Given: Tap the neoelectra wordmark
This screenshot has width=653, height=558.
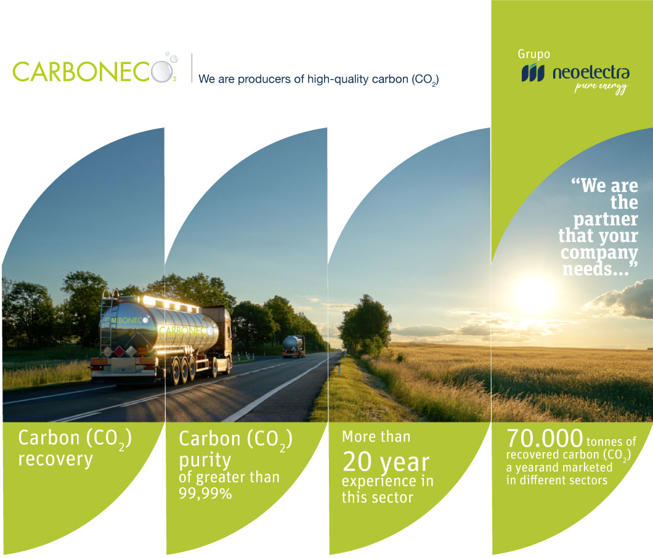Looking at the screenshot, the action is pyautogui.click(x=591, y=73).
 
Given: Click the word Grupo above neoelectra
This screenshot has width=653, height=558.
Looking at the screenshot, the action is pyautogui.click(x=534, y=54).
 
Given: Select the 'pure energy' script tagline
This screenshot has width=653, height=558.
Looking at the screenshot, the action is pyautogui.click(x=601, y=87).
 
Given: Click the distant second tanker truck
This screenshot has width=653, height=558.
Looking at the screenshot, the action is pyautogui.click(x=294, y=347).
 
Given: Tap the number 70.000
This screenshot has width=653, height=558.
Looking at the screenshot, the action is pyautogui.click(x=545, y=438).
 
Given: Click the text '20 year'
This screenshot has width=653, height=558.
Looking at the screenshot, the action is pyautogui.click(x=386, y=462).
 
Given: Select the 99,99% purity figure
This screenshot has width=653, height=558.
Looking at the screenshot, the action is pyautogui.click(x=205, y=493).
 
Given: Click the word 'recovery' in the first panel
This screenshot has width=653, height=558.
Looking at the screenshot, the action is pyautogui.click(x=55, y=459).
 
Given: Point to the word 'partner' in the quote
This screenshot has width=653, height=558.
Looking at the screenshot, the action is pyautogui.click(x=605, y=219).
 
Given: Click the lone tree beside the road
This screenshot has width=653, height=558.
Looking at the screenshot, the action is pyautogui.click(x=366, y=325).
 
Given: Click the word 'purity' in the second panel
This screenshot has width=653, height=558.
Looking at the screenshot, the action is pyautogui.click(x=205, y=461).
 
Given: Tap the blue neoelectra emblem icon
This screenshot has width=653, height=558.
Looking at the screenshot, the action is pyautogui.click(x=533, y=73).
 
